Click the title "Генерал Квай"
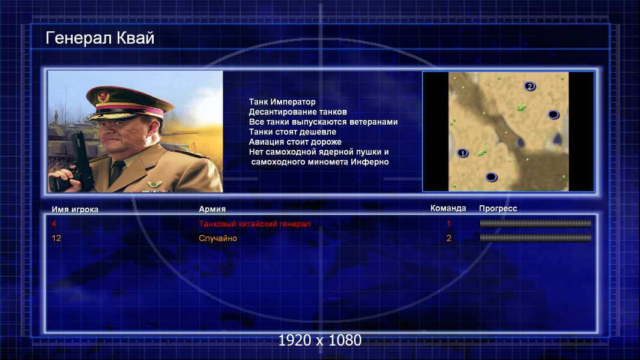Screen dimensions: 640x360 100,38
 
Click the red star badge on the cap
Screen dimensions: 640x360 103,97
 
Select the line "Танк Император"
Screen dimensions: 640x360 282,102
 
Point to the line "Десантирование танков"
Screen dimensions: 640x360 298,112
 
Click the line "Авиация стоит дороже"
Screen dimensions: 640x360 295,142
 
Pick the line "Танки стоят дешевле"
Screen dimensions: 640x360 292,131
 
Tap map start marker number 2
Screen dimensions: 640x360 530,86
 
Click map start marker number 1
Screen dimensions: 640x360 462,153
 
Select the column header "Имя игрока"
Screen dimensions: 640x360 74,209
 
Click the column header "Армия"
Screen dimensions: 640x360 213,209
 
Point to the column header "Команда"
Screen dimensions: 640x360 448,208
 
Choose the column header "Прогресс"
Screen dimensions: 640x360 498,208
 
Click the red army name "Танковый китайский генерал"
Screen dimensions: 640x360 255,224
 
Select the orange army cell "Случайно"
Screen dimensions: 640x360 217,238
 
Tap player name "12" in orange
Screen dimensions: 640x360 56,238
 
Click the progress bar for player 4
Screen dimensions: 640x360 536,223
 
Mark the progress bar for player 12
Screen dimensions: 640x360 536,238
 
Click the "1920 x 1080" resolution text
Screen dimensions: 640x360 320,340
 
